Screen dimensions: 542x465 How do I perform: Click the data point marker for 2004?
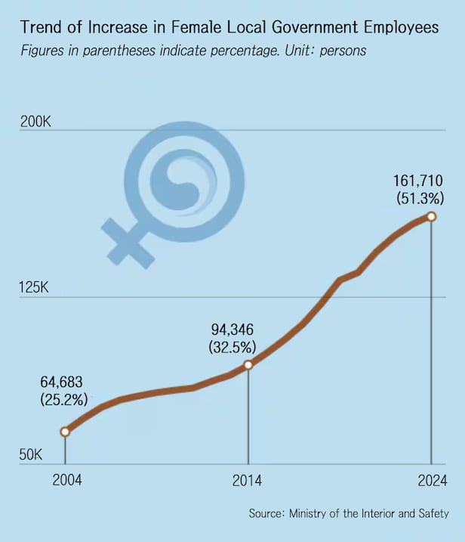tap(65, 432)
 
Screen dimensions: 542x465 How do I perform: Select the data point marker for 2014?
tap(248, 365)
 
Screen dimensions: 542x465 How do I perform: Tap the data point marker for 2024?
tap(431, 216)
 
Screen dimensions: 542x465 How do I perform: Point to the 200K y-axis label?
tap(35, 121)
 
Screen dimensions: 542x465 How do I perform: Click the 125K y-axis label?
tap(34, 288)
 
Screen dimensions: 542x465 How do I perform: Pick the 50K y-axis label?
tap(31, 455)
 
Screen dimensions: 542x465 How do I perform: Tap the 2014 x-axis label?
tap(248, 481)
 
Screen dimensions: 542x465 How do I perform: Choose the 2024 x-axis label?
tap(431, 481)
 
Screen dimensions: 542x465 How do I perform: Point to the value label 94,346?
tap(232, 330)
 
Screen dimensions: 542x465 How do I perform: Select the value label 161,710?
tap(417, 181)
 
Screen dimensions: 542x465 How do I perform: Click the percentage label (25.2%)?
tap(64, 399)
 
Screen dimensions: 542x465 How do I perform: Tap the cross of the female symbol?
tap(130, 242)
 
